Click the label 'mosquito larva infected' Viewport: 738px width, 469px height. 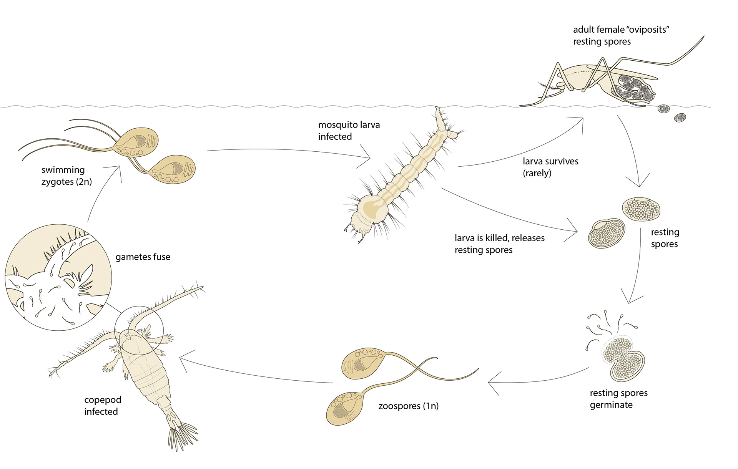pyautogui.click(x=349, y=131)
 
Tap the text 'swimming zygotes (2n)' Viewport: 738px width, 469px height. pyautogui.click(x=66, y=176)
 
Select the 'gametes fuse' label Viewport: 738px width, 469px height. pyautogui.click(x=143, y=257)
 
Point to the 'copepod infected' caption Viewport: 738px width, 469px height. pyautogui.click(x=102, y=406)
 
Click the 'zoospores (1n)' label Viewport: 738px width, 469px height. pyautogui.click(x=408, y=406)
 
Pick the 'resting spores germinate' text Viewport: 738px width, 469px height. pyautogui.click(x=618, y=399)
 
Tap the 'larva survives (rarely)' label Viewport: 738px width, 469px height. pyautogui.click(x=550, y=167)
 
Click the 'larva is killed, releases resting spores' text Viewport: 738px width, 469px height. pyautogui.click(x=499, y=244)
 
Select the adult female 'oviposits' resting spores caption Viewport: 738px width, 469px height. pyautogui.click(x=621, y=35)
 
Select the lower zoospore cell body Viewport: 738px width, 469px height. pyautogui.click(x=344, y=408)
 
